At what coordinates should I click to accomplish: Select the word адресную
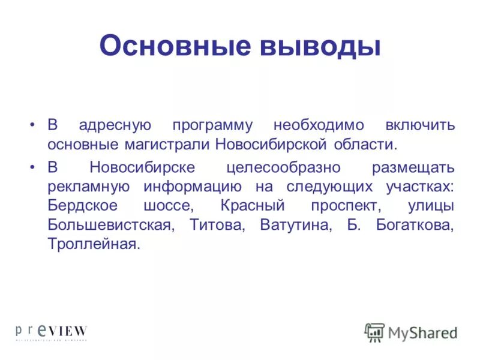[x=114, y=126]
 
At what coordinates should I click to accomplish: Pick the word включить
[x=421, y=126]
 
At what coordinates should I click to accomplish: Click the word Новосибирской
[x=270, y=145]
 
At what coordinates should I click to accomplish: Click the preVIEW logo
[x=52, y=332]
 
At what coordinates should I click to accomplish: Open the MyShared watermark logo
[x=411, y=332]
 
